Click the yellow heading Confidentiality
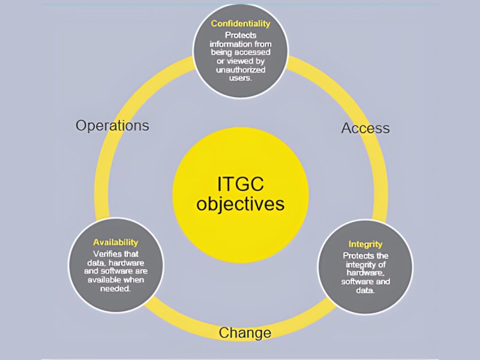click(241, 24)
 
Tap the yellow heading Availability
click(116, 242)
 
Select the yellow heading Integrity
click(365, 245)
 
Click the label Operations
click(112, 125)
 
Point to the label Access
click(365, 128)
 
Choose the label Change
click(245, 333)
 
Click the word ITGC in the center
click(241, 184)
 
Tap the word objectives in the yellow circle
click(241, 204)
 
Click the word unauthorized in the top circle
click(241, 70)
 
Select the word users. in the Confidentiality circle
click(241, 78)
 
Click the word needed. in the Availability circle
click(116, 289)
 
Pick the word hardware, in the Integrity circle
click(365, 273)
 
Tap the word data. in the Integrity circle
click(365, 290)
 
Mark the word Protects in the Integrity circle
click(356, 256)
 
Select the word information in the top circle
click(227, 44)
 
